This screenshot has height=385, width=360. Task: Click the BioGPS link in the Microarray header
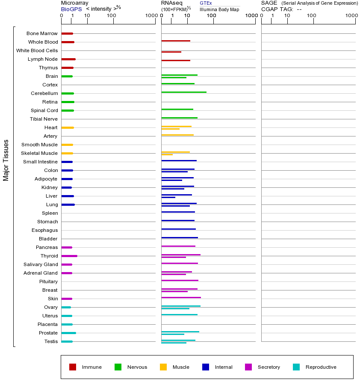(x=71, y=9)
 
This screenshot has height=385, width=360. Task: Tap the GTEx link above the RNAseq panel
(x=206, y=3)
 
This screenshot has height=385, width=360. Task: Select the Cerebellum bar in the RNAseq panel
(x=184, y=92)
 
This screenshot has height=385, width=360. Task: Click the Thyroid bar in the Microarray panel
(x=69, y=256)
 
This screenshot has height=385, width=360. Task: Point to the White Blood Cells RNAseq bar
(x=171, y=52)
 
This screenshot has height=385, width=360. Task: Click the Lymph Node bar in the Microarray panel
(x=68, y=59)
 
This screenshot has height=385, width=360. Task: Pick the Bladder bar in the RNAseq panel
(x=180, y=237)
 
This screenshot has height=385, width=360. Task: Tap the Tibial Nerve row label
(x=44, y=119)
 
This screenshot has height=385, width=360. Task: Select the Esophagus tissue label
(x=44, y=230)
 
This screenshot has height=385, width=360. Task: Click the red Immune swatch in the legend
(x=73, y=367)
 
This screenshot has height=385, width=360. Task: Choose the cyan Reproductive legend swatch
(x=296, y=367)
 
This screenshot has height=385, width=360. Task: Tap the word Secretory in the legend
(x=269, y=367)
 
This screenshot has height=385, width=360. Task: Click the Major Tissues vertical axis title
(x=6, y=160)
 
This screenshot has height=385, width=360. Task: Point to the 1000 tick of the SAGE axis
(x=351, y=16)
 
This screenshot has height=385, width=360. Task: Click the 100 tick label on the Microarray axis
(x=111, y=16)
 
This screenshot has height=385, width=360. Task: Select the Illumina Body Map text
(x=219, y=9)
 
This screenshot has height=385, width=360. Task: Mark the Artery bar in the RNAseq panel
(x=177, y=135)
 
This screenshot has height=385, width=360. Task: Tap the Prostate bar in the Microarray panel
(x=68, y=333)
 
